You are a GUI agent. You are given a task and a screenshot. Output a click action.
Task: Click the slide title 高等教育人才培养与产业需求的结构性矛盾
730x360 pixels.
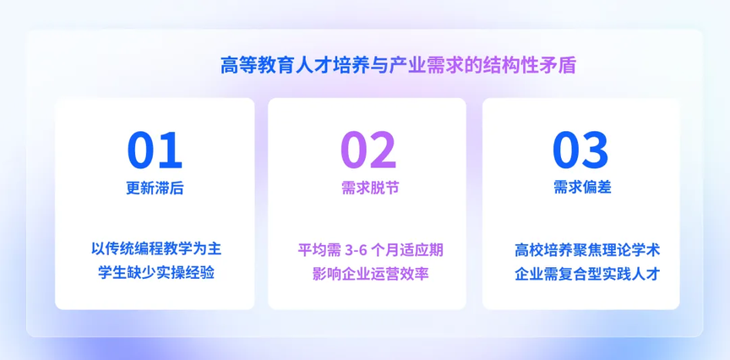pos(399,66)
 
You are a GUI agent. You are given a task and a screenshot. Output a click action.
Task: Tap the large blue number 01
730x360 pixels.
pos(155,150)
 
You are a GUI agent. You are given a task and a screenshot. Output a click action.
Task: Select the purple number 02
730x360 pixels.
pos(368,150)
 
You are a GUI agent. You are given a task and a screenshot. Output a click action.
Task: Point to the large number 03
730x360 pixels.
pos(580,150)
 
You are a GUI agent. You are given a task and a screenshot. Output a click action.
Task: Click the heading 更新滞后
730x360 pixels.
pos(155,188)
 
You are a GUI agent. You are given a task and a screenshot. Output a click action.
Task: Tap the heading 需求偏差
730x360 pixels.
pos(582,188)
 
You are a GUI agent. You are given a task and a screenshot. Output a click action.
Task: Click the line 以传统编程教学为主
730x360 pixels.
pos(156,249)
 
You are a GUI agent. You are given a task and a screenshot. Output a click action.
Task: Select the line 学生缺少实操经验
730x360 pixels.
pos(156,273)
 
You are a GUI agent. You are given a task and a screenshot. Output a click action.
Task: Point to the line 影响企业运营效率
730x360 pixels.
pos(371,274)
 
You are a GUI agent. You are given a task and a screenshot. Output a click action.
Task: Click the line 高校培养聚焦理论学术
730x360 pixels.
pos(587,250)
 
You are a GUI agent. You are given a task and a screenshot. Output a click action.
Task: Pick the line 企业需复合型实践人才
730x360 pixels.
pos(587,274)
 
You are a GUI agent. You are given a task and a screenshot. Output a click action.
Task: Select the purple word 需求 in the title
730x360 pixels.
pos(446,66)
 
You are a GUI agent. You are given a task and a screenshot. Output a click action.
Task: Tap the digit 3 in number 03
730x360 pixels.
pos(595,150)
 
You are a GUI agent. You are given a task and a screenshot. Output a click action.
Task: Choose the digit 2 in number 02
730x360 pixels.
pos(383,150)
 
